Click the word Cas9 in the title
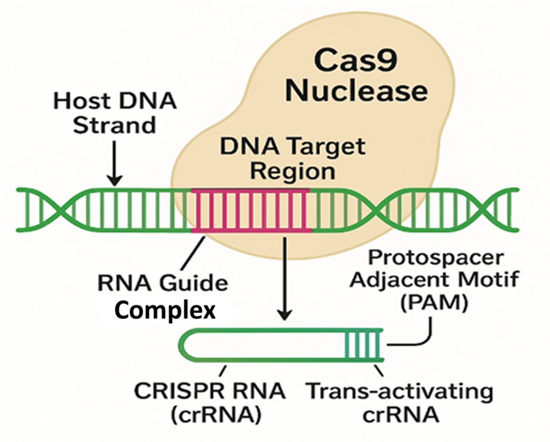(x=355, y=61)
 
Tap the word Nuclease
(x=356, y=91)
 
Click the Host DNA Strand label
(x=115, y=112)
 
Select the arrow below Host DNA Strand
(x=114, y=163)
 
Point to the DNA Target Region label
(x=293, y=158)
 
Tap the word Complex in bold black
(x=165, y=310)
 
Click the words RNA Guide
(x=162, y=283)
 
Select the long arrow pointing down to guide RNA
(x=284, y=278)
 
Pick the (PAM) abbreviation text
(x=434, y=303)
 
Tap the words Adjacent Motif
(x=434, y=280)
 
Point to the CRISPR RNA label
(x=210, y=391)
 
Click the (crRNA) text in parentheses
(x=216, y=415)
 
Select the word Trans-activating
(x=400, y=391)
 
